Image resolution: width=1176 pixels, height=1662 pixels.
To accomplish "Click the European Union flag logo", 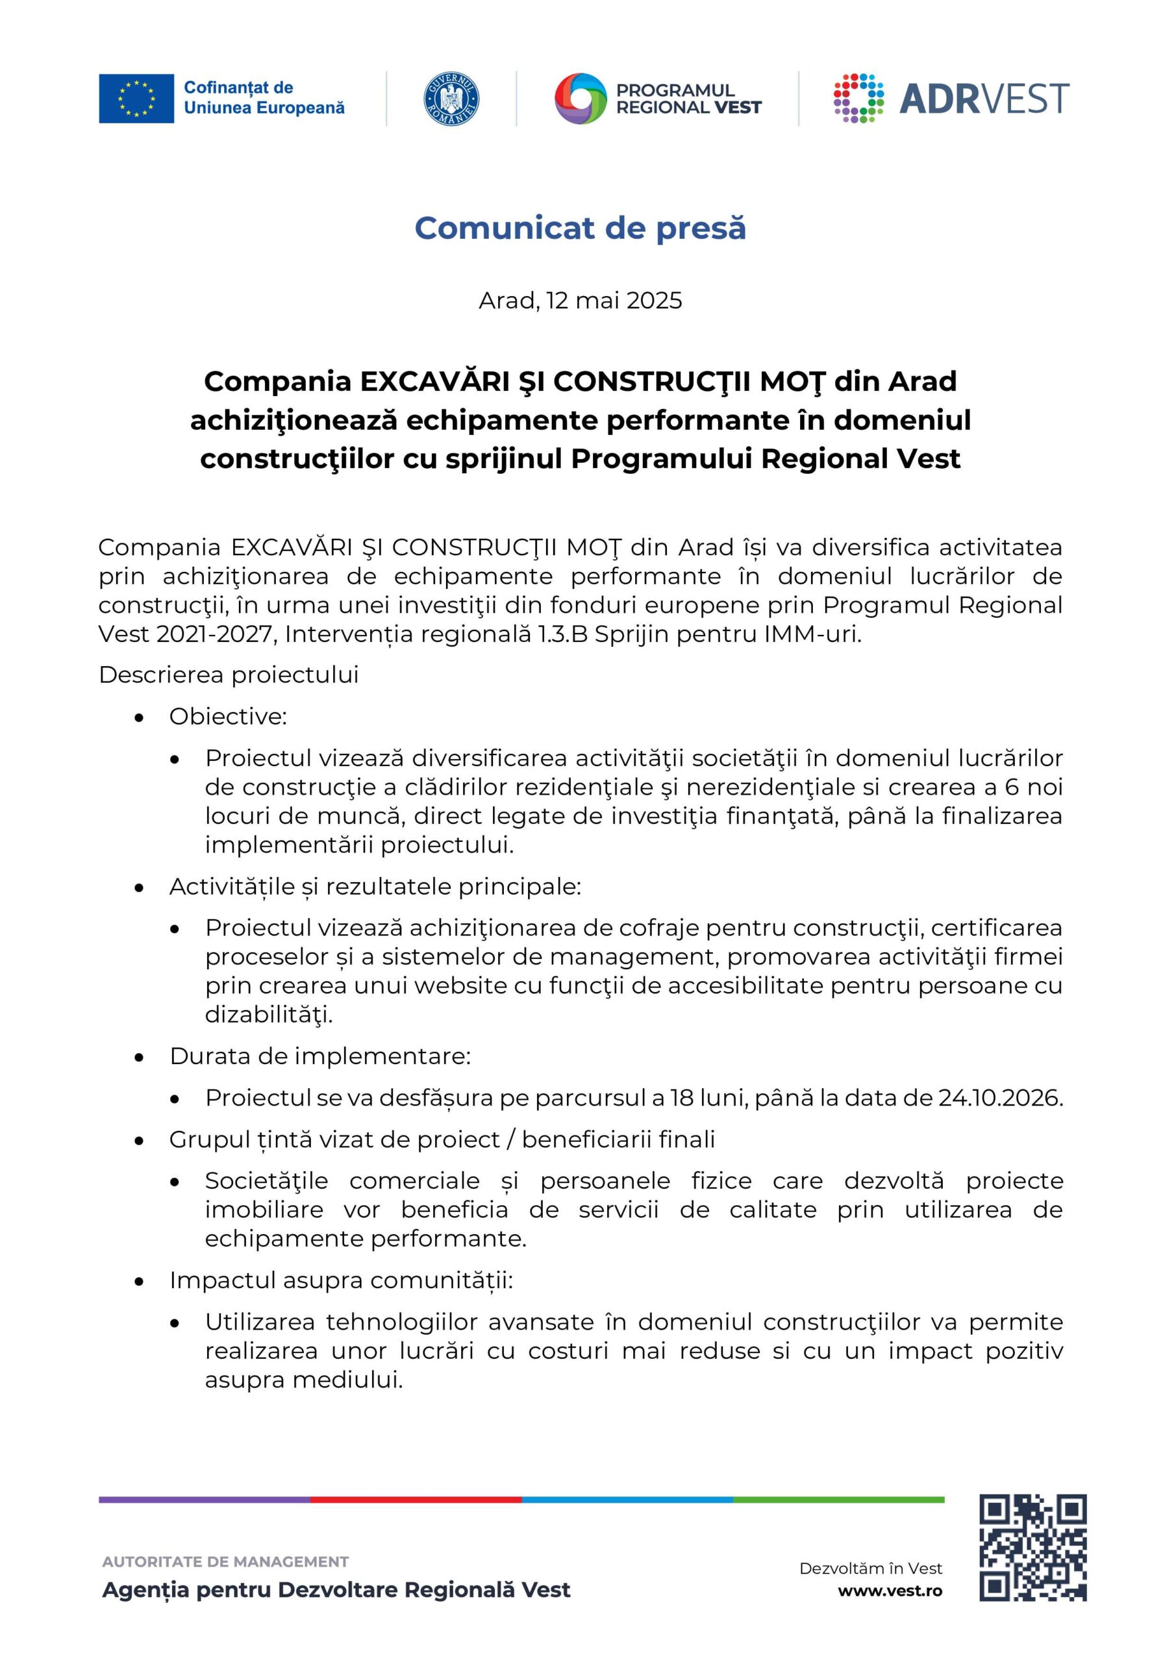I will click(136, 99).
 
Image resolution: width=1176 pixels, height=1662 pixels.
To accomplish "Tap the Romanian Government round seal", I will click(451, 99).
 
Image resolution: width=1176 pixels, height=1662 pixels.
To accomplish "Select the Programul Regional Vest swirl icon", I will click(579, 99).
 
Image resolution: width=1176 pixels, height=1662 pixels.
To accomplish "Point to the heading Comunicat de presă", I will click(580, 228).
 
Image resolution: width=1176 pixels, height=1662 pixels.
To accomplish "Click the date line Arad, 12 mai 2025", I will click(580, 301).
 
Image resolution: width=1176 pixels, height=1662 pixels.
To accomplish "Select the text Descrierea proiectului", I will click(228, 675).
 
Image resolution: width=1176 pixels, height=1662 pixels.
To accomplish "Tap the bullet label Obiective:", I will click(228, 717).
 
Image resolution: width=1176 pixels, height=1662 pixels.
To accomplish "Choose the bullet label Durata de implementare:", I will click(320, 1056).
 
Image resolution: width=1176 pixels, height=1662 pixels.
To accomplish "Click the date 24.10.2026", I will click(1000, 1098).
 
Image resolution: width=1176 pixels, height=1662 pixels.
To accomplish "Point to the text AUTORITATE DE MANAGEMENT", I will click(225, 1562).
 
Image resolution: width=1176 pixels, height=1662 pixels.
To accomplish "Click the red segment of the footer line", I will click(416, 1500).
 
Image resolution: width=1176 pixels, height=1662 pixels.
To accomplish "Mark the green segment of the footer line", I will click(838, 1500).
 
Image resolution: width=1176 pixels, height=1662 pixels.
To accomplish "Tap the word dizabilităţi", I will click(269, 1015).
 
